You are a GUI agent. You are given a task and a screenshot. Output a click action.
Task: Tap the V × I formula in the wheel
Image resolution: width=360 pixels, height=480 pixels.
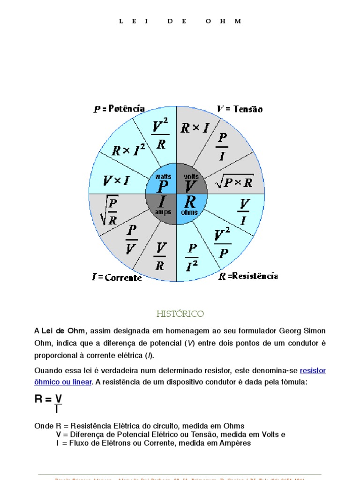116,180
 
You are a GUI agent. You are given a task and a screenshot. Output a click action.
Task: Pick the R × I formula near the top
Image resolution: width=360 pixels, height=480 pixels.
195,128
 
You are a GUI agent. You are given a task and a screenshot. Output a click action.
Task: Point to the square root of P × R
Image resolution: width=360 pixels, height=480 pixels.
234,182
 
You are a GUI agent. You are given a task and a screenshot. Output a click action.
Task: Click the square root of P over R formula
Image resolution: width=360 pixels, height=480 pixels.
109,210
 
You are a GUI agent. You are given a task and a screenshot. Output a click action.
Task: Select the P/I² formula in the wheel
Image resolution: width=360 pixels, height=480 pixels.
192,257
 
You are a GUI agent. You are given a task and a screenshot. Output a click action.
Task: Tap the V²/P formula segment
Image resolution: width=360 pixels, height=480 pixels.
222,243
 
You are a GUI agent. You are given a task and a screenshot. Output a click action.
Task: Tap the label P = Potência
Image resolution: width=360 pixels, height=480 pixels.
119,109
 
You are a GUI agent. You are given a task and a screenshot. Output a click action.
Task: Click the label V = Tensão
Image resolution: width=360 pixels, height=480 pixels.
240,109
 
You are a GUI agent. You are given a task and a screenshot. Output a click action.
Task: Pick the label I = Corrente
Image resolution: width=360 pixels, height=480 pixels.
117,277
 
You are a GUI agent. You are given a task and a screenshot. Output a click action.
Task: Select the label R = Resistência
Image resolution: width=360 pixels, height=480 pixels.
248,276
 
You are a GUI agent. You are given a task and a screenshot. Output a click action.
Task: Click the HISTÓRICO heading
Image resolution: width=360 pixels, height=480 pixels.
180,314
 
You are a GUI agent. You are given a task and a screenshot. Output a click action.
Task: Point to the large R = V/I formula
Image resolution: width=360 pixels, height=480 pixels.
49,403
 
